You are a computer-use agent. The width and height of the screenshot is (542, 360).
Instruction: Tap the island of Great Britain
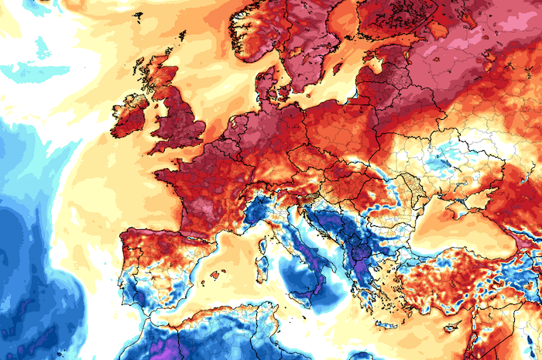click(182, 116)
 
